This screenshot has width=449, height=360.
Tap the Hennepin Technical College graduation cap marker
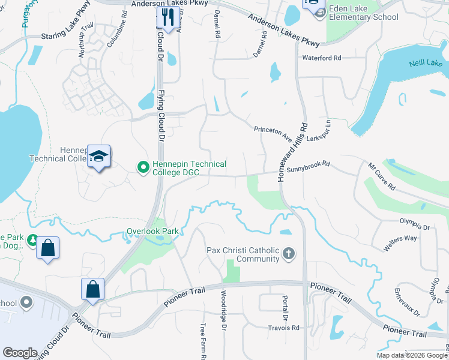[x=98, y=157]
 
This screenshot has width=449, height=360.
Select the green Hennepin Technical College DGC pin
[x=143, y=166]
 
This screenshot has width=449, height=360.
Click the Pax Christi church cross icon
[x=289, y=254]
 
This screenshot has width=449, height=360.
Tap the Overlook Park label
[x=153, y=231]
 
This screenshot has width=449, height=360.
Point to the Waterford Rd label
[x=322, y=58]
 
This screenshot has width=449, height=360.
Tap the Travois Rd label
[x=284, y=328]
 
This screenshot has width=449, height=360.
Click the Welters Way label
[x=402, y=238]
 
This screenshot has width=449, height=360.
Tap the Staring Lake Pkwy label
[x=67, y=36]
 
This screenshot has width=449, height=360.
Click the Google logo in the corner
[x=20, y=352]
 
